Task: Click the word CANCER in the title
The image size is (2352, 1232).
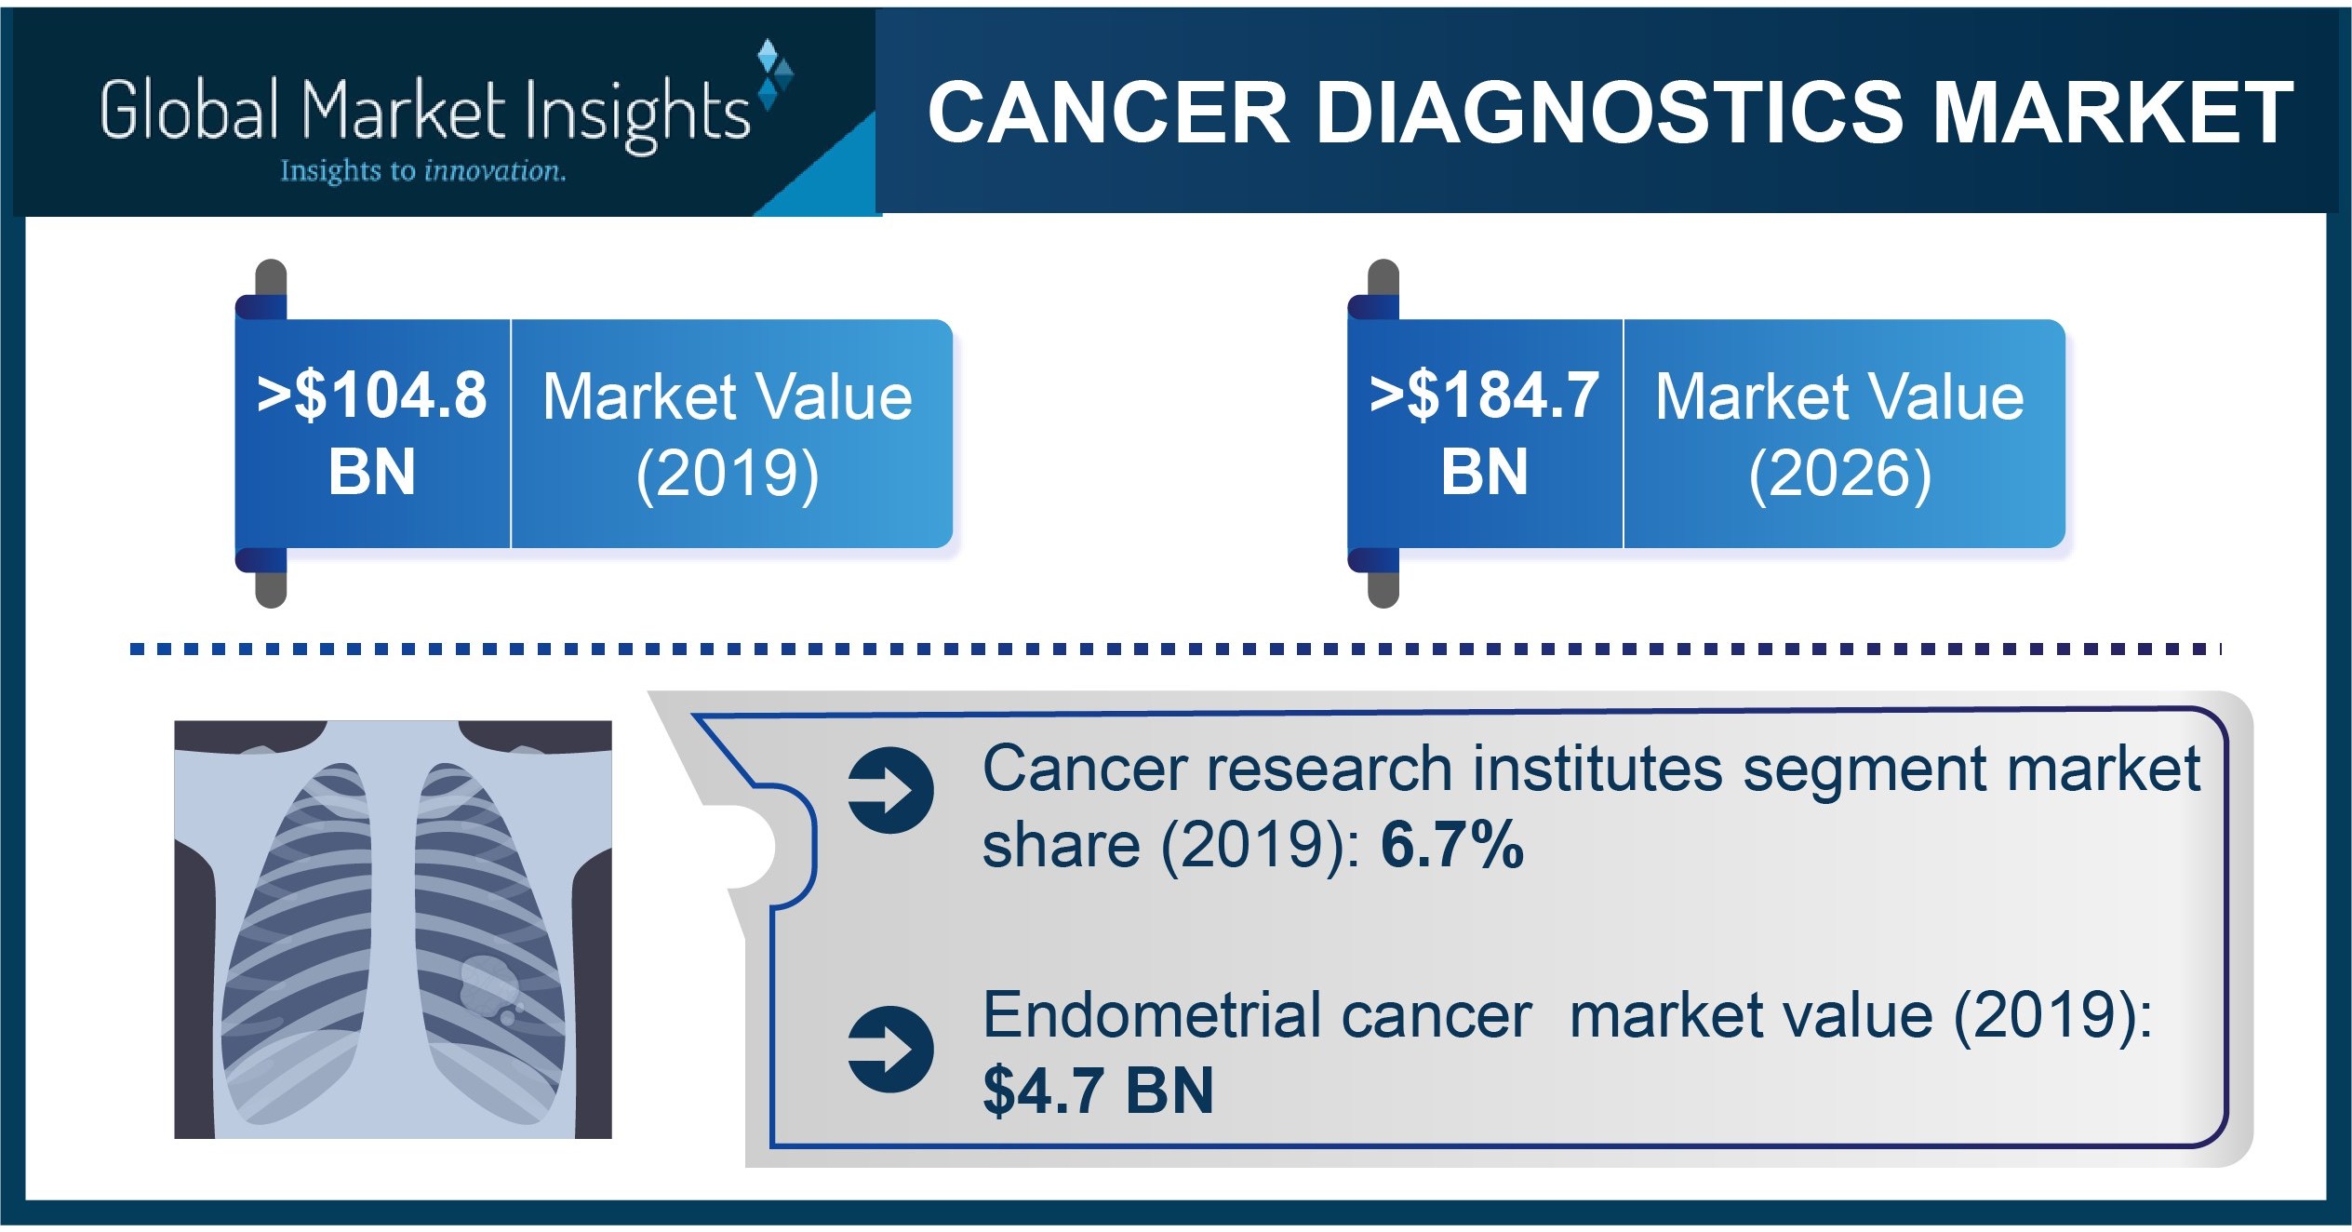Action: (x=1108, y=114)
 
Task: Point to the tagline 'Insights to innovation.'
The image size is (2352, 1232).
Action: (x=423, y=171)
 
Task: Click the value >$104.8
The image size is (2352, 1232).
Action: (x=372, y=395)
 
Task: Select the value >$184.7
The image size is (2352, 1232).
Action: (x=1485, y=395)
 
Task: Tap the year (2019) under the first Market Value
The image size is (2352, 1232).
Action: (x=728, y=474)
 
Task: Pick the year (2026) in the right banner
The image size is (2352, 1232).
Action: (x=1840, y=474)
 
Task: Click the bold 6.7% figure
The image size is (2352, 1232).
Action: (x=1451, y=845)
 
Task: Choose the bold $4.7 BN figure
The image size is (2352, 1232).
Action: (x=1098, y=1091)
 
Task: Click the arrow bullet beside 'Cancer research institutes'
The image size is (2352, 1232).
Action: (x=890, y=790)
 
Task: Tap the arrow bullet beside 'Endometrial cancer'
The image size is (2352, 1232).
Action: (x=890, y=1049)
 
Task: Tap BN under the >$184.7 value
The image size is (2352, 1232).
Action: (x=1485, y=472)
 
